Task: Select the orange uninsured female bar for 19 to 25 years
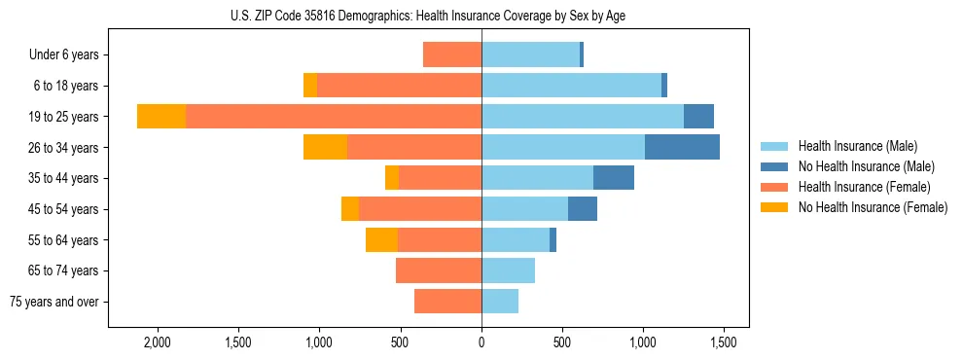161,117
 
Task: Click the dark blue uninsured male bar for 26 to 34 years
682,147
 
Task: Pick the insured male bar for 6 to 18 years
571,86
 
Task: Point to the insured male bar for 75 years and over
500,302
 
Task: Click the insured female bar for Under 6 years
452,54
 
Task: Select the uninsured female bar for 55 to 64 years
381,239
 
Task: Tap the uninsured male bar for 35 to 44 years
614,178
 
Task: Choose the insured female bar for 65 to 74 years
439,270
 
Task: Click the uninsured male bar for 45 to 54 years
583,209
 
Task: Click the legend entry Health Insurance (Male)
857,146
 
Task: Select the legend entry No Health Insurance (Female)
873,207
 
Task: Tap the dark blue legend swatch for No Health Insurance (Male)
774,166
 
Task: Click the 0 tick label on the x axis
481,342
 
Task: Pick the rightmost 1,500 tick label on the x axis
723,342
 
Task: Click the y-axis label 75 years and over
54,302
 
